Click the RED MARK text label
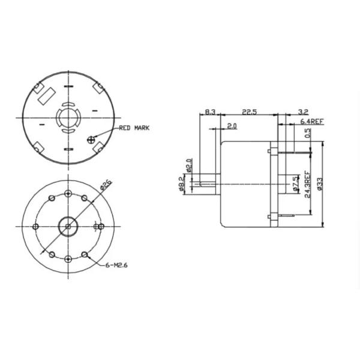click(x=134, y=128)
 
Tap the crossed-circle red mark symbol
click(x=91, y=139)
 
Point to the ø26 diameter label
click(x=103, y=187)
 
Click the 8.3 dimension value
click(x=210, y=112)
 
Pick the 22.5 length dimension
click(x=249, y=112)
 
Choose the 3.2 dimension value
click(x=303, y=112)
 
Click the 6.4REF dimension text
click(x=312, y=122)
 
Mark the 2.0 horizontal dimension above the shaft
click(x=232, y=125)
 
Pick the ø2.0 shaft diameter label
click(x=188, y=166)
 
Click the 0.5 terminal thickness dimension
click(x=307, y=134)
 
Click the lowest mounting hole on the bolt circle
click(x=68, y=259)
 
